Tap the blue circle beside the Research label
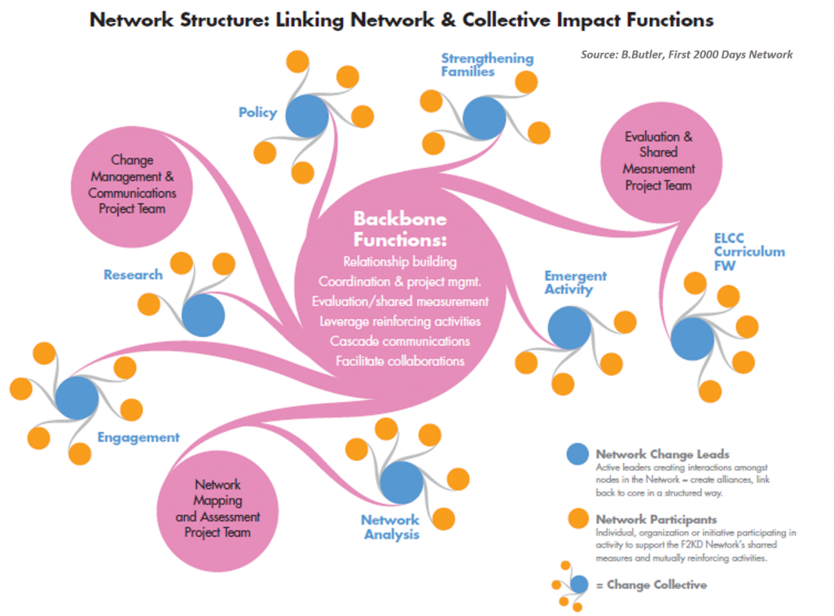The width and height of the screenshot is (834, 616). click(203, 315)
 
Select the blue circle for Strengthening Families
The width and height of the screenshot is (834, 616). click(484, 118)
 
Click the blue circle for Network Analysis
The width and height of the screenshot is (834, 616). click(402, 483)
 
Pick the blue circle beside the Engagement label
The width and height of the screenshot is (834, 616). click(77, 398)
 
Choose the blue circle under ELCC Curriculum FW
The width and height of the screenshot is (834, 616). click(693, 339)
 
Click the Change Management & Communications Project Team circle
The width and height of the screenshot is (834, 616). click(132, 185)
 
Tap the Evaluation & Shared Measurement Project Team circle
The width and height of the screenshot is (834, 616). click(659, 161)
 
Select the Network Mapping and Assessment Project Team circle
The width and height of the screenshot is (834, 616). click(217, 509)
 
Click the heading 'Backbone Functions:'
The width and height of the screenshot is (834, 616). click(400, 229)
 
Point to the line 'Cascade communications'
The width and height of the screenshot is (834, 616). click(400, 341)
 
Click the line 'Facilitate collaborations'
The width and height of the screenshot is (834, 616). click(400, 360)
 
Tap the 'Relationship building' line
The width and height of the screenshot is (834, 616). click(400, 262)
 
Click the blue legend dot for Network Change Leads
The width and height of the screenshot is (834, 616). click(577, 455)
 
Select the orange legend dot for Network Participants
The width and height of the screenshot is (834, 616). click(577, 518)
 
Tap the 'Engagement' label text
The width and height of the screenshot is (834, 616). click(138, 437)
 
